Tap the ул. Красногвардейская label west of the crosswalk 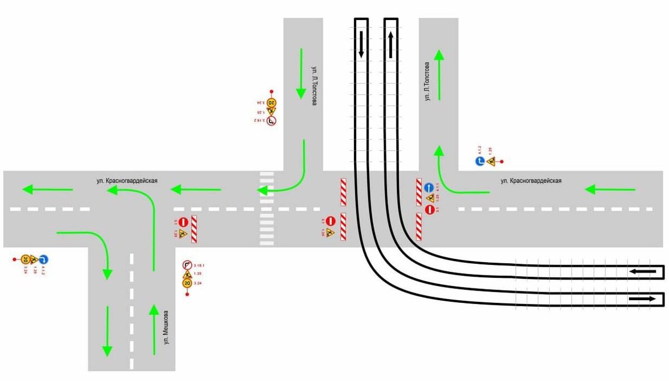[125, 181]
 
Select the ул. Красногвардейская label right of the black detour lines [531, 181]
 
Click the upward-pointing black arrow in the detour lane [391, 44]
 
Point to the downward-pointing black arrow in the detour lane [361, 44]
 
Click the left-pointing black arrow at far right [643, 272]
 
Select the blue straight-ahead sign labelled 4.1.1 [429, 187]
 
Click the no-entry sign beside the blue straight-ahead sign [429, 210]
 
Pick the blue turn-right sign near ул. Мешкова [44, 259]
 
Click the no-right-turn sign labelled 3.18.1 [187, 265]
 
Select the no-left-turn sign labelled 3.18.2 [272, 120]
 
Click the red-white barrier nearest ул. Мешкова [195, 229]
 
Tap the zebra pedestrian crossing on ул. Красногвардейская [267, 209]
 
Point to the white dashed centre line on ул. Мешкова [132, 312]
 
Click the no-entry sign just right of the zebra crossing [330, 221]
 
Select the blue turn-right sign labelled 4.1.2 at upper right [479, 162]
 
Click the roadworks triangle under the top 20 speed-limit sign [272, 111]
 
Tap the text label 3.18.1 [199, 265]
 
